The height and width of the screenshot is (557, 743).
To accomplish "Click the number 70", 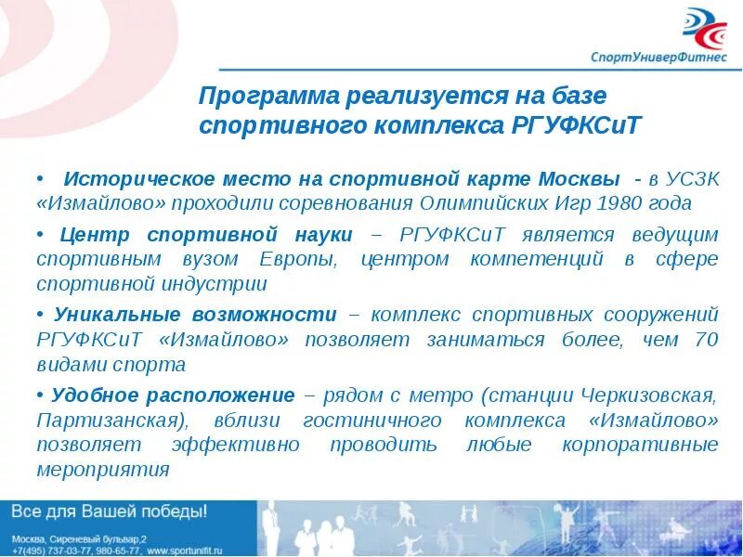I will coord(705,340).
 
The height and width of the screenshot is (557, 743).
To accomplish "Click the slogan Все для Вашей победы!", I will coord(109,512).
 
